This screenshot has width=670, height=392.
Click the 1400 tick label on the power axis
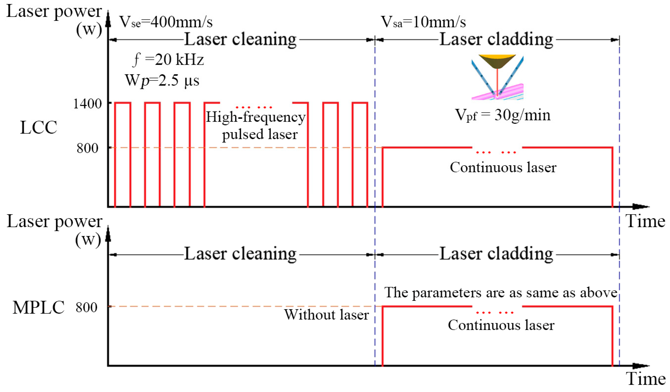87,103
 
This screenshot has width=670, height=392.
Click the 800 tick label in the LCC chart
88,148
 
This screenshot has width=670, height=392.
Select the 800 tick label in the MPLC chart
87,308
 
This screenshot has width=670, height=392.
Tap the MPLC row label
39,308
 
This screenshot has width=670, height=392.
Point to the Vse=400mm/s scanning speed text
166,22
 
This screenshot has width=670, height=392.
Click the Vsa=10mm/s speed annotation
423,22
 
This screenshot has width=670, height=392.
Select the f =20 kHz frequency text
168,60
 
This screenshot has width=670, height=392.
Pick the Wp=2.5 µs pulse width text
162,80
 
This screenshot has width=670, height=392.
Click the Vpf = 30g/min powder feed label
503,115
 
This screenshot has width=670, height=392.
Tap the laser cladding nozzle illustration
497,77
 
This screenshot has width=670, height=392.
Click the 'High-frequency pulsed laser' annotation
256,125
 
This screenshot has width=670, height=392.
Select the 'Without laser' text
327,315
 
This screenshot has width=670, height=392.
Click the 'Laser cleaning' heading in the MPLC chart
240,254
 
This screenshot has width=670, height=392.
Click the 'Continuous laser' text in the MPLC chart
501,325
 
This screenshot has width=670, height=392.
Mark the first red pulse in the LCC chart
123,154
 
